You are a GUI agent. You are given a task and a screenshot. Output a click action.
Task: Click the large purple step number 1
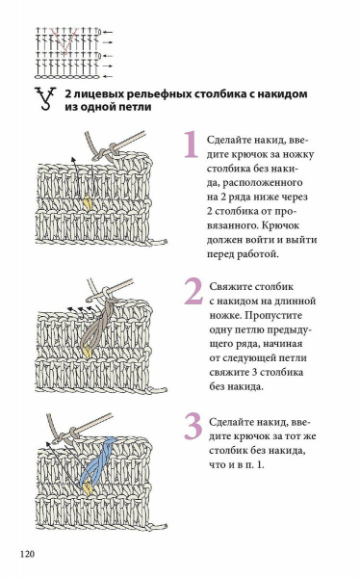tap(192, 144)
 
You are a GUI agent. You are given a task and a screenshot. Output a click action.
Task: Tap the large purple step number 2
tap(193, 291)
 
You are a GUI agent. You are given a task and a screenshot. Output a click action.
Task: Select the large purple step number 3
tap(193, 426)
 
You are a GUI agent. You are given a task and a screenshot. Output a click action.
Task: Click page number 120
tap(27, 554)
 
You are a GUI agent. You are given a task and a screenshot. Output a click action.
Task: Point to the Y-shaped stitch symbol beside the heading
tap(45, 99)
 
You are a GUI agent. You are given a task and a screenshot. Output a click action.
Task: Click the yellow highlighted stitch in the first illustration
tap(88, 203)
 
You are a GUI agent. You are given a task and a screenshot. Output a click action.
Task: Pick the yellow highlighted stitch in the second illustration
tap(87, 351)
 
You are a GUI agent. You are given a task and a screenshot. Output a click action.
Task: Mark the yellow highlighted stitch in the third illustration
tap(88, 488)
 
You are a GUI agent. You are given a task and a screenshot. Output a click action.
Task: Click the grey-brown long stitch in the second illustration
tap(96, 323)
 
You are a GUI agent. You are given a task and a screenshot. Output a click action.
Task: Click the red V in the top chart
tap(63, 39)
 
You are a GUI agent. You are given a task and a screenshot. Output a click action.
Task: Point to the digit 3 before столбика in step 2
tap(255, 372)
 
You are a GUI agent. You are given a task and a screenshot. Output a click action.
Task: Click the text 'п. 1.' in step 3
tap(253, 465)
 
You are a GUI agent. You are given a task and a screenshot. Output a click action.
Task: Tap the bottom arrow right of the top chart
tap(108, 77)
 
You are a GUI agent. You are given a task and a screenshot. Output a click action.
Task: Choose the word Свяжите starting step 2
tap(231, 287)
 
